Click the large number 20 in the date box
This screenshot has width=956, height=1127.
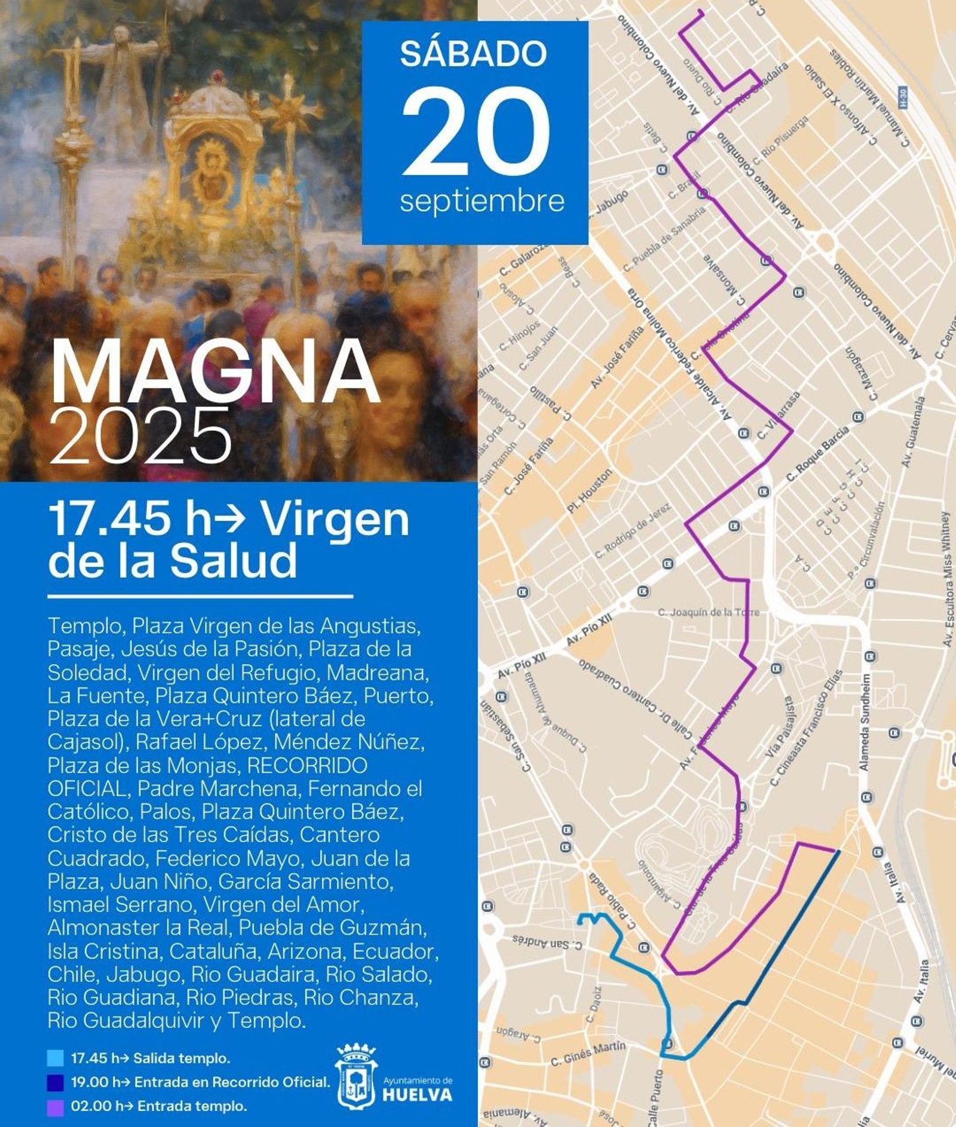point(475,131)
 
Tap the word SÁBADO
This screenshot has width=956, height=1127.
point(473,54)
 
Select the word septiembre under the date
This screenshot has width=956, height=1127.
point(482,201)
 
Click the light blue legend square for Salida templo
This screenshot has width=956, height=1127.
point(56,1058)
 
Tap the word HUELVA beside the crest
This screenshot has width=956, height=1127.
point(417,1095)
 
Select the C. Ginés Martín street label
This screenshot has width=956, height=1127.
point(588,1053)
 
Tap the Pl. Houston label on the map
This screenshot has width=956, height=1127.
point(590,492)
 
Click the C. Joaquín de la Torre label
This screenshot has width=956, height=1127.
point(708,612)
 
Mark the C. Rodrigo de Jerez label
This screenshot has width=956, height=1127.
point(633,530)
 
